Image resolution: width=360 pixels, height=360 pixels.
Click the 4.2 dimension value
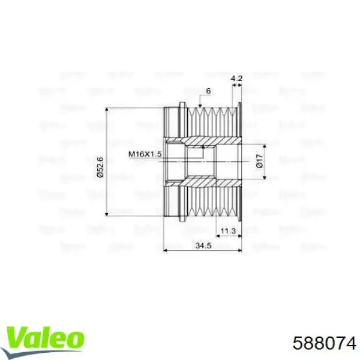236,78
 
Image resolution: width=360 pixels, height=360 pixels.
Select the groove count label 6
208,91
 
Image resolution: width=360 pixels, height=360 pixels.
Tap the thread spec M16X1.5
144,154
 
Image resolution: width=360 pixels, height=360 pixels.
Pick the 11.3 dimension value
227,230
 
